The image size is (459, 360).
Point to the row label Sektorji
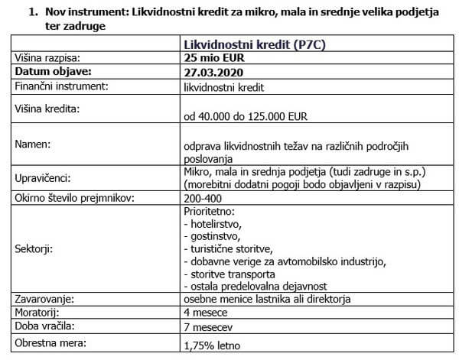coord(38,250)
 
